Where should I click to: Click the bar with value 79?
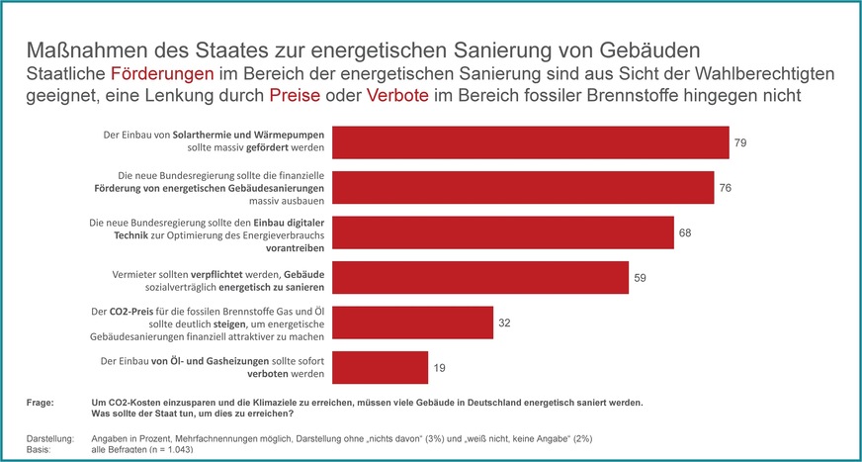(x=529, y=142)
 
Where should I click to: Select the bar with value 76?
(x=522, y=187)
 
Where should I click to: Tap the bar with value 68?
(x=501, y=232)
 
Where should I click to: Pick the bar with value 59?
(x=479, y=278)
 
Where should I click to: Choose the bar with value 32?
(x=411, y=323)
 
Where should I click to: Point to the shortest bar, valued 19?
(x=379, y=367)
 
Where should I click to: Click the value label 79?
(x=739, y=143)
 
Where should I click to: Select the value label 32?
(x=504, y=323)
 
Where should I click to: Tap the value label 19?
(x=439, y=368)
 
